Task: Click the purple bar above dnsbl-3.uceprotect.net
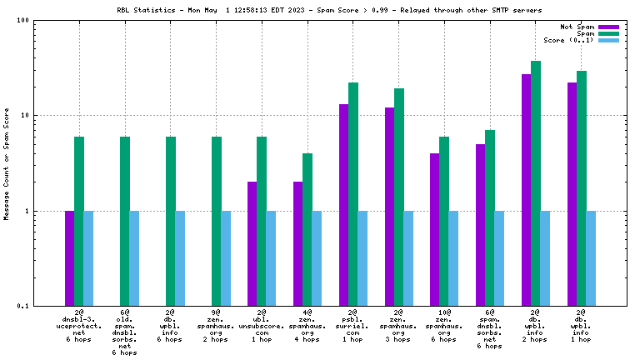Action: point(69,258)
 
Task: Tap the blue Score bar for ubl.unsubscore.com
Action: point(271,258)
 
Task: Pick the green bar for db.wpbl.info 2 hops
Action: point(536,183)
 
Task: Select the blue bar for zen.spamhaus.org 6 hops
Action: point(453,258)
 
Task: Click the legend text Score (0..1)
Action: point(569,40)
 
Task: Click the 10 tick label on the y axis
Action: point(23,116)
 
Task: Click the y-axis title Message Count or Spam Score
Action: point(7,163)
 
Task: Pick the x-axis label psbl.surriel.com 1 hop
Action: point(353,327)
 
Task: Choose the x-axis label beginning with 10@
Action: point(444,327)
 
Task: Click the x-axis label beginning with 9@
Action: point(216,327)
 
